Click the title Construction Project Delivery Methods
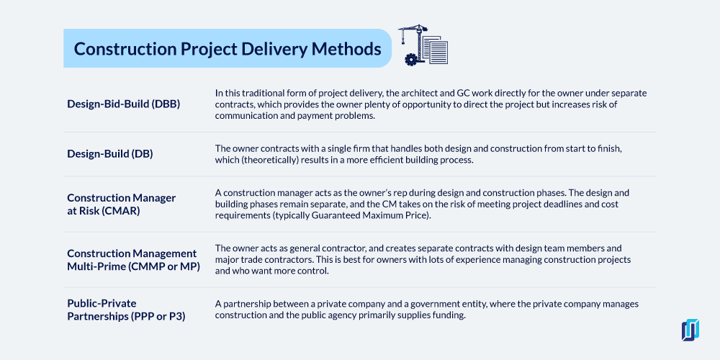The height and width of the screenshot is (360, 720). pos(228,49)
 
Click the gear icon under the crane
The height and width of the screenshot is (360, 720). pos(410,59)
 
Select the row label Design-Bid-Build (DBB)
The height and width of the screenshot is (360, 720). pos(124,104)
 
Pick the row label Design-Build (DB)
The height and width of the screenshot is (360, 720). pos(109,154)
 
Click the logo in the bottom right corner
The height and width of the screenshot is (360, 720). pos(690,330)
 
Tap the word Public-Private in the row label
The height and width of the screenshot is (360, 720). pos(102,303)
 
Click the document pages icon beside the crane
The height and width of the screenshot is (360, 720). pos(436,50)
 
